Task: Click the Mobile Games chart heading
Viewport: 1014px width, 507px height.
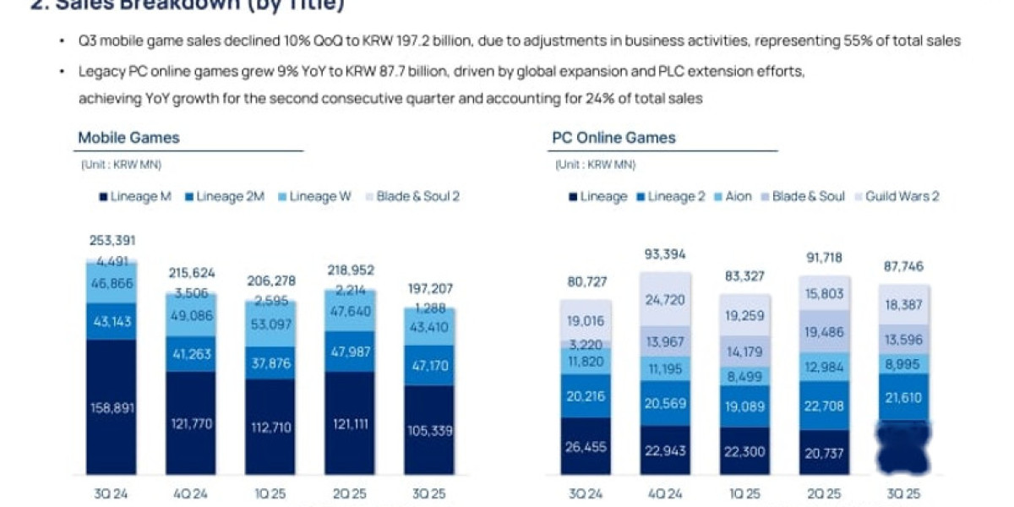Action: (128, 138)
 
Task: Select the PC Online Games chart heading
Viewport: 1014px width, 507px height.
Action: (613, 138)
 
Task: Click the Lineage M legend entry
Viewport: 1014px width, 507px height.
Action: (135, 197)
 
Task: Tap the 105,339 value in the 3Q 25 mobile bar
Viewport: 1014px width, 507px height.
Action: (429, 431)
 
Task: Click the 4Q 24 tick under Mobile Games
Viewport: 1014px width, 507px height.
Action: (191, 493)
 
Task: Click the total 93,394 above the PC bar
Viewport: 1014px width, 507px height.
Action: (666, 254)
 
